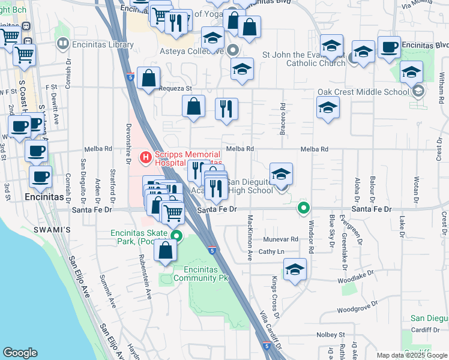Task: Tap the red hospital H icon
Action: pyautogui.click(x=145, y=158)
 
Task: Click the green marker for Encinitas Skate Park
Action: pyautogui.click(x=176, y=235)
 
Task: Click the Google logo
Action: pyautogui.click(x=20, y=353)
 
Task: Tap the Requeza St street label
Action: pyautogui.click(x=175, y=88)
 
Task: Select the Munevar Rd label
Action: pyautogui.click(x=280, y=239)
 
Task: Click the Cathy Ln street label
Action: pyautogui.click(x=271, y=252)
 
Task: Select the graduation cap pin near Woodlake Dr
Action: pyautogui.click(x=294, y=269)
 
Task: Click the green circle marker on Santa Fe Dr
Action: pyautogui.click(x=304, y=209)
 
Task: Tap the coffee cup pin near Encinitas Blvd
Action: pyautogui.click(x=389, y=48)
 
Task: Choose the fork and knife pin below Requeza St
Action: pyautogui.click(x=226, y=110)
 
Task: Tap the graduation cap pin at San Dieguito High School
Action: pyautogui.click(x=281, y=175)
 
